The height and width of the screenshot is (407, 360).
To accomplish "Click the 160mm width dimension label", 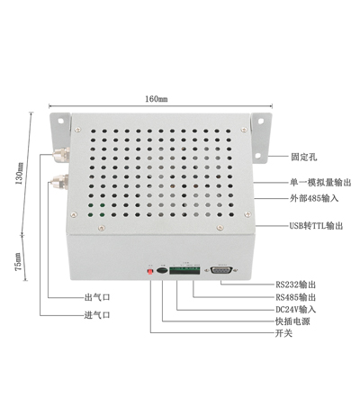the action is tap(157, 99).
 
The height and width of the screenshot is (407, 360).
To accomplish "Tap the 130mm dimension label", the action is tap(19, 173).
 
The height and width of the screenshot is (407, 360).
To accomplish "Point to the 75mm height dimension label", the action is tap(18, 262).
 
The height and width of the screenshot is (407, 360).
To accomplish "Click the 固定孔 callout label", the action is tap(303, 157).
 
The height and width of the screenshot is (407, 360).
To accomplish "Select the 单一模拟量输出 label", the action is tap(320, 182).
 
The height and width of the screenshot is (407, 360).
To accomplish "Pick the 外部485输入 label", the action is tap(314, 198).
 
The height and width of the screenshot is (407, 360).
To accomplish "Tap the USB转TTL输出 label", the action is tap(316, 226).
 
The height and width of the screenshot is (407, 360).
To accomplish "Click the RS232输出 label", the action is tap(296, 285).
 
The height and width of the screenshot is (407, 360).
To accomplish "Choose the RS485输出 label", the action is tap(296, 297).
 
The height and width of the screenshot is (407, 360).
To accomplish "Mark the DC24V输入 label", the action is tap(296, 309).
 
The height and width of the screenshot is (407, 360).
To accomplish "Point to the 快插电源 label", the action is tap(292, 321).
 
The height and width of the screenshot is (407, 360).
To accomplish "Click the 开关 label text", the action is tap(283, 333).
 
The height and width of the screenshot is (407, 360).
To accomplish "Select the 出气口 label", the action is tap(97, 297).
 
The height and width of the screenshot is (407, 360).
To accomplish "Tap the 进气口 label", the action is tap(97, 315).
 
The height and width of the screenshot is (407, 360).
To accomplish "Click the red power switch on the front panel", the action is tap(150, 272).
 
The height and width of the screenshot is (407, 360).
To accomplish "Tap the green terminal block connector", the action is tap(184, 270).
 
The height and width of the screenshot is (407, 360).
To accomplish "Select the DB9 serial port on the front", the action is tap(221, 270).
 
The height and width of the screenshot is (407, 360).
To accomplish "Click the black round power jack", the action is tap(162, 270).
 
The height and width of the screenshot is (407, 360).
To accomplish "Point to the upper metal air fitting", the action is tap(61, 155).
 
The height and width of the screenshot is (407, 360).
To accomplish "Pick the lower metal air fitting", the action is tap(59, 182).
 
